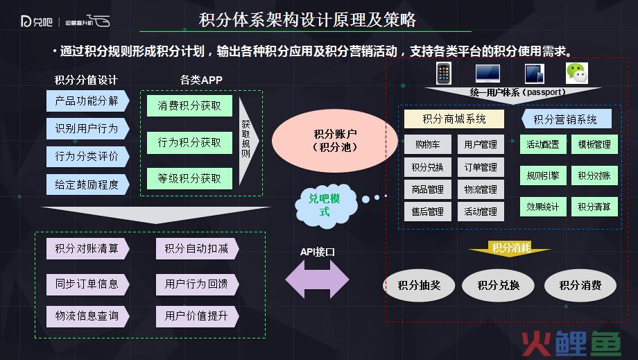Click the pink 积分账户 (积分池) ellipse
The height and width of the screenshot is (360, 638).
[x=335, y=141]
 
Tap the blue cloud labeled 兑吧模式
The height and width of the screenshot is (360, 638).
[x=325, y=205]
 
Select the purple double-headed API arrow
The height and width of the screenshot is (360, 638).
[x=318, y=280]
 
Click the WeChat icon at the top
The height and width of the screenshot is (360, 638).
[x=577, y=74]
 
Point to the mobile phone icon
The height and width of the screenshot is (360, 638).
[x=444, y=74]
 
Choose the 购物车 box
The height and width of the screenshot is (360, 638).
[x=428, y=144]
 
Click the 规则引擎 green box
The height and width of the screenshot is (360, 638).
[x=543, y=175]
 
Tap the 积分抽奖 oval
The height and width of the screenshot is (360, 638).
[x=420, y=285]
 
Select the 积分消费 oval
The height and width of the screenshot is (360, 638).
[x=580, y=285]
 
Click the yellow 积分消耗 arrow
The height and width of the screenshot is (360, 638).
[x=510, y=248]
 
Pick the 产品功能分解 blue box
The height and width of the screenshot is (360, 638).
[x=87, y=101]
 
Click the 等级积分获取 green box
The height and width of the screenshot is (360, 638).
[x=189, y=178]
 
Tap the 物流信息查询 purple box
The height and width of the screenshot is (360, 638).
[x=87, y=316]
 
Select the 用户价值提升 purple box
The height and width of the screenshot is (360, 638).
[x=197, y=316]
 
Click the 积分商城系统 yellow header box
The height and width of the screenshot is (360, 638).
[x=454, y=119]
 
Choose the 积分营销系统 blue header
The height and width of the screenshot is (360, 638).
[x=567, y=119]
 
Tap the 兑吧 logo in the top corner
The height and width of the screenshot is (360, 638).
[x=37, y=21]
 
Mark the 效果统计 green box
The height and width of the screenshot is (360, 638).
[x=543, y=207]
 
